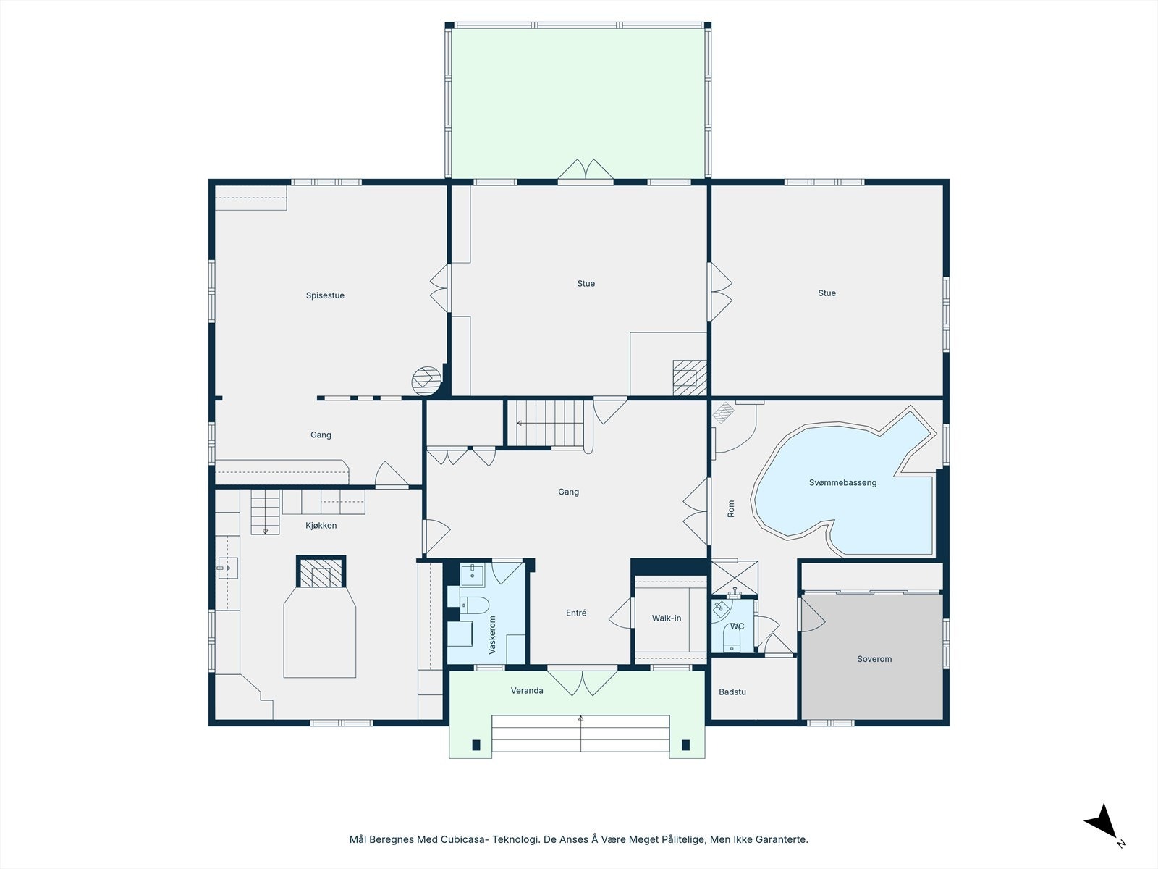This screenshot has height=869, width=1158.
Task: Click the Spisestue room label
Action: (325, 295)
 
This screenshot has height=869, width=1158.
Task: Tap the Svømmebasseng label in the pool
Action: (842, 482)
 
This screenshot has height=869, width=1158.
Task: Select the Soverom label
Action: (874, 659)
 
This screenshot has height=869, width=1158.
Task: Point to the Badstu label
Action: (732, 692)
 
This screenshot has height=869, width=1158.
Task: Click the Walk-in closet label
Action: (667, 618)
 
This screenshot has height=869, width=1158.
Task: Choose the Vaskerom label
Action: (492, 635)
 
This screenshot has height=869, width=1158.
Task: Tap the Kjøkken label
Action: (321, 526)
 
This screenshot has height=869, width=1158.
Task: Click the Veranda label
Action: (526, 690)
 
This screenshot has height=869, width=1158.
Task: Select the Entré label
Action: (576, 613)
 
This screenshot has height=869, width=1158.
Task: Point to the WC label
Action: (737, 626)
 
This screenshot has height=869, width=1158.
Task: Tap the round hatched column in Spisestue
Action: (426, 381)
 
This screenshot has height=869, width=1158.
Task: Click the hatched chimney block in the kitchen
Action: (321, 572)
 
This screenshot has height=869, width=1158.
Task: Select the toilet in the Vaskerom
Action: (475, 605)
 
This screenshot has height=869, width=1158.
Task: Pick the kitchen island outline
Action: (320, 633)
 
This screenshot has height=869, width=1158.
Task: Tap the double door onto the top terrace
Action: (586, 170)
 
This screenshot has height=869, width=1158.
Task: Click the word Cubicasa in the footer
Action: (464, 839)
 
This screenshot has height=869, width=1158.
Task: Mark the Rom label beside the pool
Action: (731, 508)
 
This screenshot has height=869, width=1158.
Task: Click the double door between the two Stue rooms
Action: (719, 292)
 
